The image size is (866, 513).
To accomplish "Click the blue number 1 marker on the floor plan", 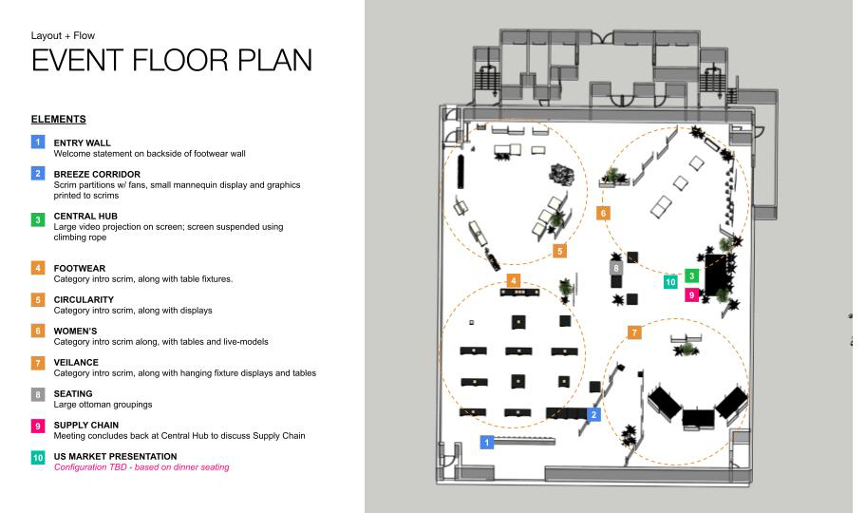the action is [486, 443].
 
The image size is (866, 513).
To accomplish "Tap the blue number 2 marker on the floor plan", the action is [593, 414].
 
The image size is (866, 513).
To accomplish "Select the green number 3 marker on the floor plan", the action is [691, 275].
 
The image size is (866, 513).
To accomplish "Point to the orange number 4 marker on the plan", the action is [514, 281].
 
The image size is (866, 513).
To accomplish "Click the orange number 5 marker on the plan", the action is [559, 251].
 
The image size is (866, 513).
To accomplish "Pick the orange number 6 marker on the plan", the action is [603, 214].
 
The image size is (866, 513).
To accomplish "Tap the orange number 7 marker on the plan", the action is [634, 332].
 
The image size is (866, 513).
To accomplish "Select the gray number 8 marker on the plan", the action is [616, 269].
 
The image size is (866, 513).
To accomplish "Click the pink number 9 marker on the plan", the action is [691, 295].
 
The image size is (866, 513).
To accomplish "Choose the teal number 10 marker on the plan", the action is [670, 282].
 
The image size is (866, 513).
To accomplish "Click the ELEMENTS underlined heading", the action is [59, 120].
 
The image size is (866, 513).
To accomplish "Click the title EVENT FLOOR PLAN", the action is [172, 60].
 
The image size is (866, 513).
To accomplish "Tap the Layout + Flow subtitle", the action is [63, 35].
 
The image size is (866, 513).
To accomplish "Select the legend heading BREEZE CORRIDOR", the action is [97, 174].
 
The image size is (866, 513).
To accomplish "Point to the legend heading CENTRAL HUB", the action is [85, 217].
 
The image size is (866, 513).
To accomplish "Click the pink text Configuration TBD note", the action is [141, 467].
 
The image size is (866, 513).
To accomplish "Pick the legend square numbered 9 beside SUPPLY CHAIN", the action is [38, 427].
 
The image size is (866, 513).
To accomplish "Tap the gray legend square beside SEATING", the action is [38, 394].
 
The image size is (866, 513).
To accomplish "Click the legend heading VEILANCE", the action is [76, 363].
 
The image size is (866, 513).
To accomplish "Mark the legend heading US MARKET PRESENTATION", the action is [116, 457].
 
